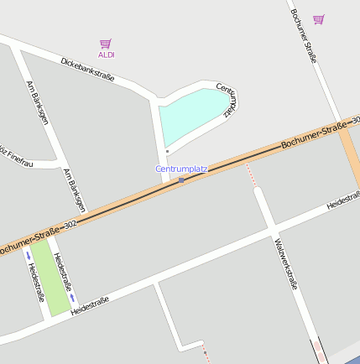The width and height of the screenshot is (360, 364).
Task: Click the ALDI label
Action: pos(107,55)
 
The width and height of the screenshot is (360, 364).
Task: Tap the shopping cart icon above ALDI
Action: pos(105,43)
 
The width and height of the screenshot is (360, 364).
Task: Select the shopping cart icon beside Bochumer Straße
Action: pos(318,19)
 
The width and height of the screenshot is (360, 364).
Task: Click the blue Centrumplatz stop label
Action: pos(181,169)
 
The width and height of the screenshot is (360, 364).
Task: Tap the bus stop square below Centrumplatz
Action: pos(181,179)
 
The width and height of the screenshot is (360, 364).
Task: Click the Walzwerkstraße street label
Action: pos(285,263)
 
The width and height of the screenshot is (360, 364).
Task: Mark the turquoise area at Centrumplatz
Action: pos(193,116)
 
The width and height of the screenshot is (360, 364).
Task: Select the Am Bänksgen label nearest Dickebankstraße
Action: pos(38,104)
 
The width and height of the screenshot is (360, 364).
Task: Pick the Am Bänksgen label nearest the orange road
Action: pos(75,189)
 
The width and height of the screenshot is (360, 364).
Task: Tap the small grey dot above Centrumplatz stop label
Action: pos(167,151)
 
